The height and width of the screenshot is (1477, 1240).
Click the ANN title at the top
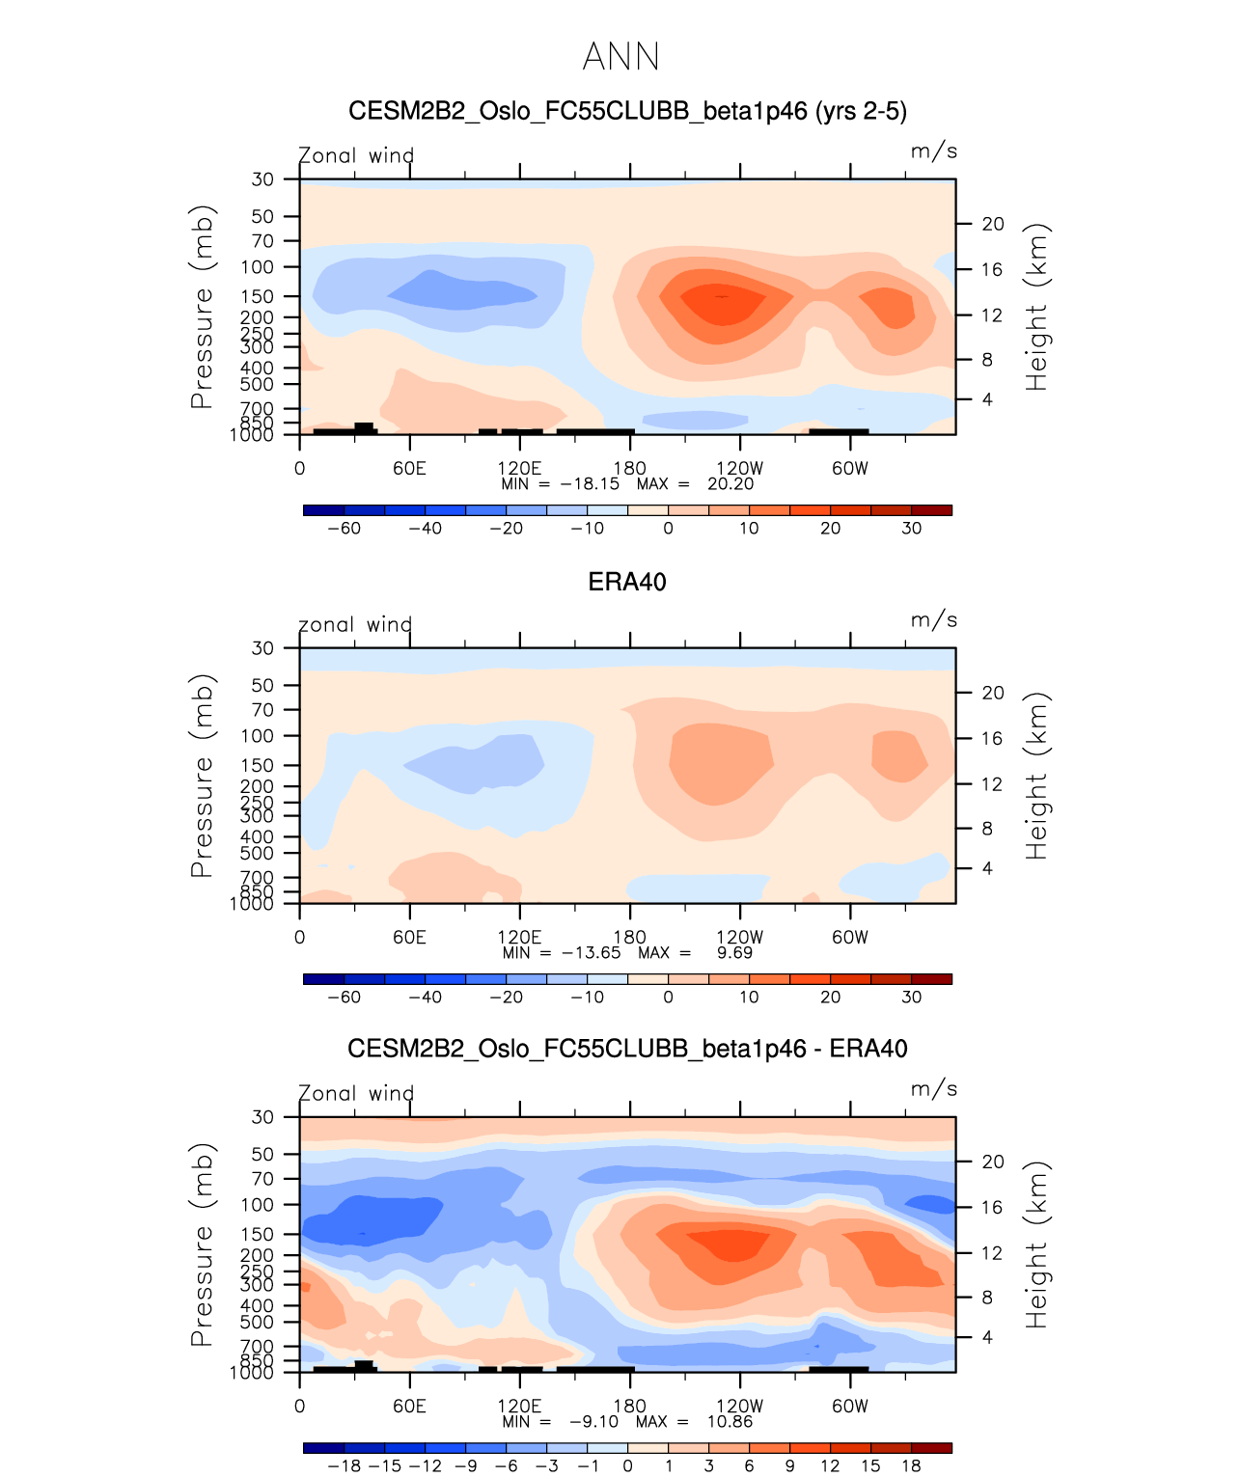[x=620, y=57]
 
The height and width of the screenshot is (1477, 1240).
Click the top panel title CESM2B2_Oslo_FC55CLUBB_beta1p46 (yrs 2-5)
[x=627, y=111]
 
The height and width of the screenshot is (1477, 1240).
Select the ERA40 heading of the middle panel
[x=627, y=582]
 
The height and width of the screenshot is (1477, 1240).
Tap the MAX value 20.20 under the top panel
[x=730, y=484]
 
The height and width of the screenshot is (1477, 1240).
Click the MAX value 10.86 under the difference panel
[x=730, y=1422]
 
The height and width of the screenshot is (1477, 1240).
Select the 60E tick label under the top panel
[x=409, y=469]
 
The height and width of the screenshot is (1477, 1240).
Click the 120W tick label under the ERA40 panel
[x=740, y=938]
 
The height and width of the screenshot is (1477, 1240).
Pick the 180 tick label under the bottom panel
[x=630, y=1407]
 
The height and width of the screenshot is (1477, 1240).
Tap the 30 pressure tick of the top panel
[x=262, y=179]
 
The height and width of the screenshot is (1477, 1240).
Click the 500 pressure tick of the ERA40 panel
[x=257, y=854]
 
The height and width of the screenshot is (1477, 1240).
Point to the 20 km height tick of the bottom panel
[x=993, y=1162]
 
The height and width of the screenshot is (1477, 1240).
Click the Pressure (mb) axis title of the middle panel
[x=201, y=776]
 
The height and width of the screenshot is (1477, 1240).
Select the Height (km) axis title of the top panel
[x=1036, y=307]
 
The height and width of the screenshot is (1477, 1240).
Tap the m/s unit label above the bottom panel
[x=934, y=1089]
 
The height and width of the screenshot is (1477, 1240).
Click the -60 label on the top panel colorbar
[x=344, y=529]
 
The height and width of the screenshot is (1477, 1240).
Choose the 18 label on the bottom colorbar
[x=911, y=1466]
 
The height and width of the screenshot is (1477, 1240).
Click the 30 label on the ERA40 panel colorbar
[x=912, y=998]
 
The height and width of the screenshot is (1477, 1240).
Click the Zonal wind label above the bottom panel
[x=356, y=1094]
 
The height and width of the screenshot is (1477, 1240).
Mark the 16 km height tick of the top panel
[x=993, y=270]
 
